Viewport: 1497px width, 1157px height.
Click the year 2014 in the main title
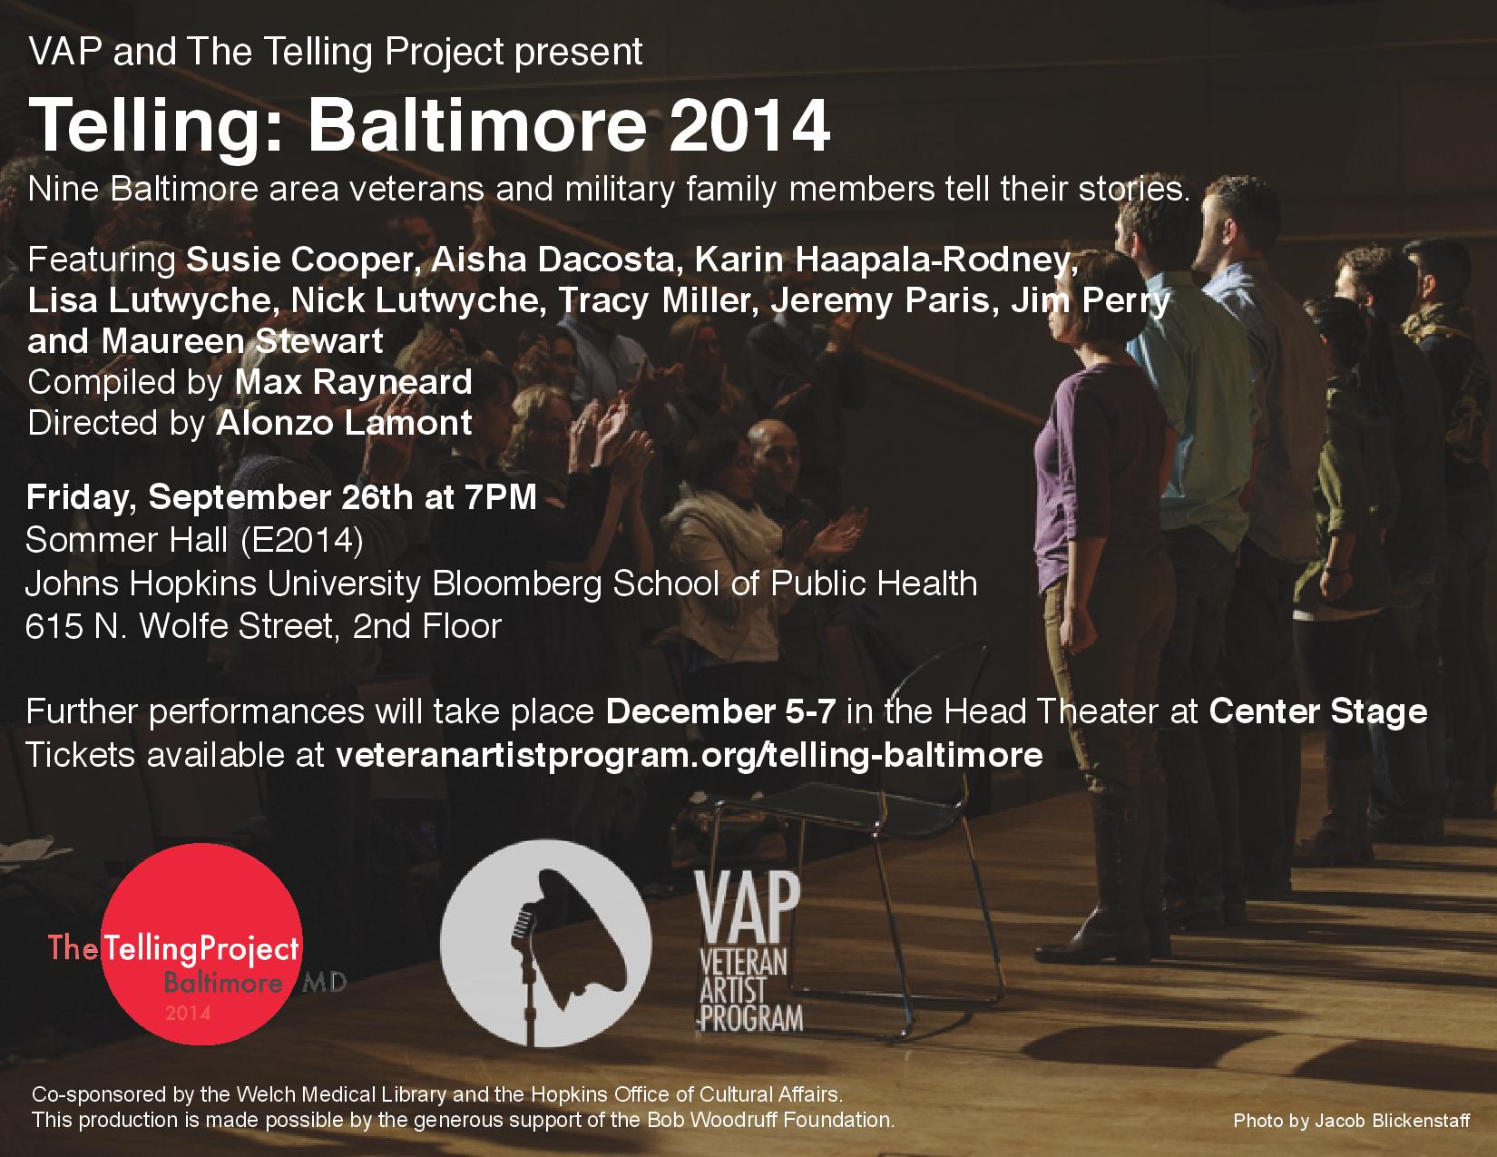[x=748, y=125]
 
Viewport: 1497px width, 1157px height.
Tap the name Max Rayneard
[x=354, y=382]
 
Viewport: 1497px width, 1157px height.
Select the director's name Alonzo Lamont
[x=344, y=423]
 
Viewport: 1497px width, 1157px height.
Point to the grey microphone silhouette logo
[x=545, y=944]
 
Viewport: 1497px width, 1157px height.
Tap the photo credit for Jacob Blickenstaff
[x=1351, y=1122]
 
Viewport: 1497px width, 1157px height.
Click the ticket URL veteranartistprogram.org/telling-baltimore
[x=689, y=755]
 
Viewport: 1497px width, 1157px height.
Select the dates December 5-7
[x=720, y=711]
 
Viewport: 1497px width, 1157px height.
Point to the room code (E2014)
[x=302, y=540]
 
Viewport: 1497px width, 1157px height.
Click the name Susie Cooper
[x=299, y=260]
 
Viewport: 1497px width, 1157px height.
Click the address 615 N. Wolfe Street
[x=180, y=626]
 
